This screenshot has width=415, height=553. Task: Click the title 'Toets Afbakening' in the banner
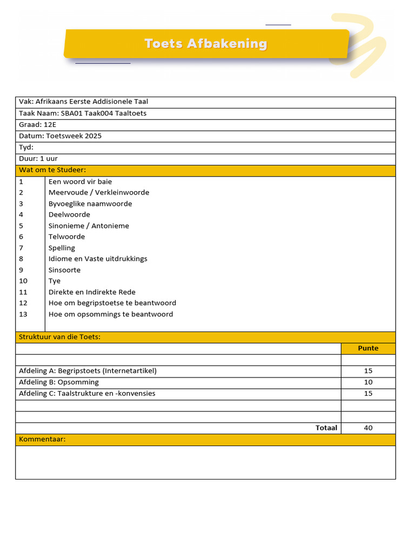click(x=205, y=44)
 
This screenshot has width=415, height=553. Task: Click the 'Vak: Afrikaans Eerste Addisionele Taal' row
click(x=83, y=102)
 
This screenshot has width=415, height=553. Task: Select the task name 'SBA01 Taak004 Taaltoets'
click(x=103, y=113)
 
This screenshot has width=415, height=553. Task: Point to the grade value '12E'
click(x=50, y=125)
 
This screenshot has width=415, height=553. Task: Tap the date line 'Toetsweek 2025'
click(x=73, y=136)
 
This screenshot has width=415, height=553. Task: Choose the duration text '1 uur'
click(x=49, y=159)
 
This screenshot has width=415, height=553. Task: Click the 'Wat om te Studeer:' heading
click(x=52, y=170)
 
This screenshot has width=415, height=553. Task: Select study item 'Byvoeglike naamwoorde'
click(x=90, y=204)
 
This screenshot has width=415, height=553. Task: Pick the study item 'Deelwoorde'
click(x=69, y=214)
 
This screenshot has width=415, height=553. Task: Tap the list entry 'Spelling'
click(x=62, y=248)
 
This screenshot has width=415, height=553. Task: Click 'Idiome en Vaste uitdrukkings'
click(x=98, y=259)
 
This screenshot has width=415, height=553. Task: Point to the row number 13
click(x=23, y=314)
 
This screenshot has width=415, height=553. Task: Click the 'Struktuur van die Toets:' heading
click(x=59, y=337)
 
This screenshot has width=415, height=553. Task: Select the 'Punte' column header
click(x=368, y=348)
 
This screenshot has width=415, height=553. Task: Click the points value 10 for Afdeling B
click(x=368, y=382)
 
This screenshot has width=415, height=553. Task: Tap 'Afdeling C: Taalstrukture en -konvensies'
click(x=87, y=394)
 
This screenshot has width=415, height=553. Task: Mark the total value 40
click(x=368, y=428)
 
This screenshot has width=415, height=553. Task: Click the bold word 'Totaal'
click(x=326, y=428)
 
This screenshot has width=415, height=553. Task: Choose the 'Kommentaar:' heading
click(x=42, y=439)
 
